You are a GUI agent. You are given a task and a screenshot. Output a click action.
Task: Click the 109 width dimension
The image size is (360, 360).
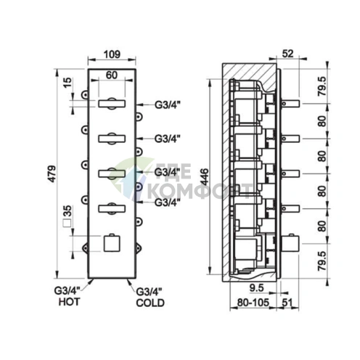pos(112,54)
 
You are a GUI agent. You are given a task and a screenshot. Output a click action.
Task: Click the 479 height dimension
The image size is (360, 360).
pos(52,173)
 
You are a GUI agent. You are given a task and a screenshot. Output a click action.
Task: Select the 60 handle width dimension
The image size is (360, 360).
pos(112,75)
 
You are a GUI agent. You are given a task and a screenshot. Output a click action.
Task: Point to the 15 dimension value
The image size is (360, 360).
pos(67,83)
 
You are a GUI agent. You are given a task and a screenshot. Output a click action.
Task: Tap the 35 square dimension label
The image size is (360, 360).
pos(67,210)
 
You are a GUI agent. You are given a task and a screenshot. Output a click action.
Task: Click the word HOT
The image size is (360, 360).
pos(69,302)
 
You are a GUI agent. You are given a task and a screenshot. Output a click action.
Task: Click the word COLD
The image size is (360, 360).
pos(150,303)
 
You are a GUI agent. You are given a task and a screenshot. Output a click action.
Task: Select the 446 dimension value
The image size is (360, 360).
pos(205,177)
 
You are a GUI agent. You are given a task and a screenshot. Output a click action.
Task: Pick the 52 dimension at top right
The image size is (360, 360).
pos(287,54)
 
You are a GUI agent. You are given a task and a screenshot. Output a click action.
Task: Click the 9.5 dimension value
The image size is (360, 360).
pos(256,287)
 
